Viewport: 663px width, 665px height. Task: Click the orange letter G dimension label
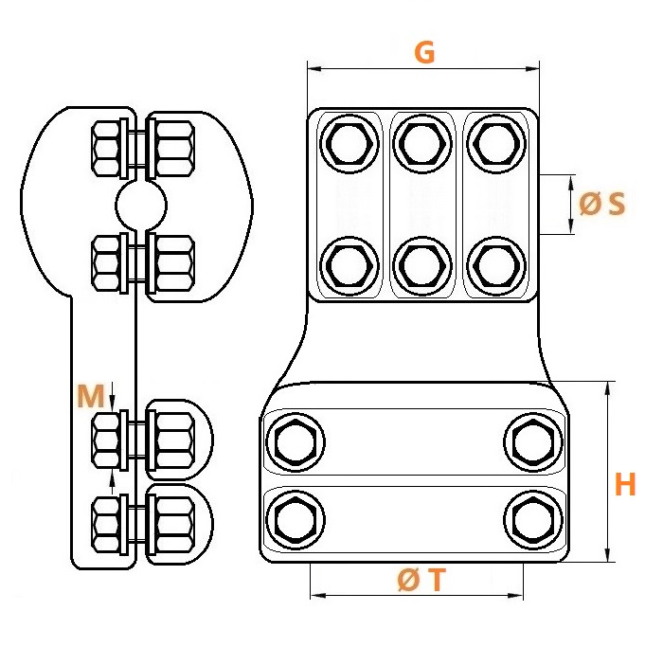(424, 53)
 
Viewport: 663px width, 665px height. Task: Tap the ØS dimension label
(602, 204)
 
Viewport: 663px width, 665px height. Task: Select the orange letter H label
(625, 484)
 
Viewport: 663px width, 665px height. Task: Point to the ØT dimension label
(421, 580)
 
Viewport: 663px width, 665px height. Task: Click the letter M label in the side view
(91, 396)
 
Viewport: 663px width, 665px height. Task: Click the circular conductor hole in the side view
(141, 206)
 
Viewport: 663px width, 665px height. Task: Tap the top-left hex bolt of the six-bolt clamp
(349, 144)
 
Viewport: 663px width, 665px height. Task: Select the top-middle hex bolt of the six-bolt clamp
(422, 144)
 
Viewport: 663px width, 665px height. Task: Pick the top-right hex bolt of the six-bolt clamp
(496, 144)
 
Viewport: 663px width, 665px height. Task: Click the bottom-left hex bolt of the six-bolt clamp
(349, 266)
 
